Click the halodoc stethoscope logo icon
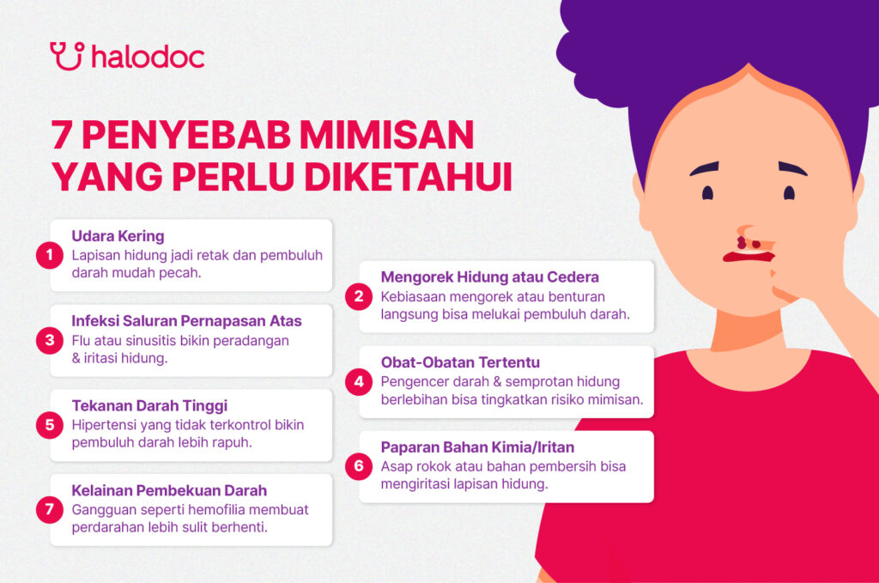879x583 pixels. (66, 55)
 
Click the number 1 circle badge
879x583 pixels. (50, 255)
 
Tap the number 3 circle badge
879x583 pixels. (50, 340)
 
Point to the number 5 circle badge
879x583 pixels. (50, 425)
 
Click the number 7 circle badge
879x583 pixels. (50, 510)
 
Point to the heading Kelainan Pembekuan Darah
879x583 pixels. (169, 490)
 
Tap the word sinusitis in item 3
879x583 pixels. (155, 340)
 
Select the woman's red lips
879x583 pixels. (749, 256)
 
